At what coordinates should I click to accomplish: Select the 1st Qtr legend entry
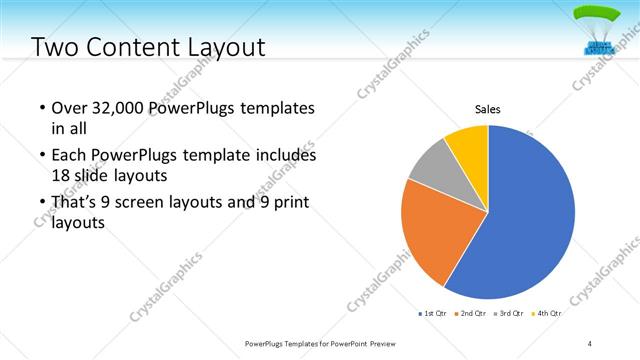click(432, 314)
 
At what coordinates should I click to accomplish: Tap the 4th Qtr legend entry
click(547, 314)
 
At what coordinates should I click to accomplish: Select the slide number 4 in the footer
click(590, 343)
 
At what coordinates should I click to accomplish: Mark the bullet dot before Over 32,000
click(40, 108)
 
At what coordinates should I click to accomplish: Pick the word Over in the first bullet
click(68, 107)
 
